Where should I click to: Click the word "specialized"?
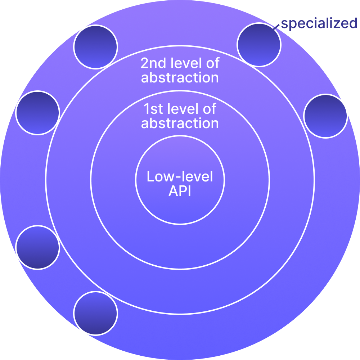pyautogui.click(x=319, y=24)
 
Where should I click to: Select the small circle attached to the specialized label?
pyautogui.click(x=259, y=45)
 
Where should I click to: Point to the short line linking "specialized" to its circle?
pyautogui.click(x=276, y=27)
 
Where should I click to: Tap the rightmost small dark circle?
pyautogui.click(x=325, y=116)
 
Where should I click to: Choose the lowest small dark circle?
pyautogui.click(x=95, y=313)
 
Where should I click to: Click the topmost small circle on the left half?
pyautogui.click(x=95, y=47)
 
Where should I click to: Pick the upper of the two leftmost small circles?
pyautogui.click(x=37, y=113)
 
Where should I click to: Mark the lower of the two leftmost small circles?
pyautogui.click(x=37, y=247)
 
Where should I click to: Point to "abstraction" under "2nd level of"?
pyautogui.click(x=180, y=78)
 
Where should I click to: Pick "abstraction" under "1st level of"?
pyautogui.click(x=180, y=123)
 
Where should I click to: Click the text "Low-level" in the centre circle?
pyautogui.click(x=180, y=177)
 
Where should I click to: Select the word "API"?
pyautogui.click(x=180, y=191)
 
